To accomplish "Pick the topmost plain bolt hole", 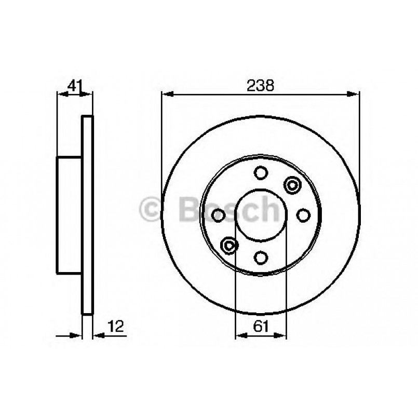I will coord(261,173).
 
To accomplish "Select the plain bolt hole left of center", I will coord(219,214).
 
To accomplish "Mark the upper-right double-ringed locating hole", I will coord(292,184).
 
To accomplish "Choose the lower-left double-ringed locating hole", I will coord(229,245).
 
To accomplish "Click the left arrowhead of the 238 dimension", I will coord(166,93).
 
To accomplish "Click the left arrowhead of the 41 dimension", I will coord(60,94).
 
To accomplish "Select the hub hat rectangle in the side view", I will coord(70,214).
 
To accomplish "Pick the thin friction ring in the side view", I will coord(88,215).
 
